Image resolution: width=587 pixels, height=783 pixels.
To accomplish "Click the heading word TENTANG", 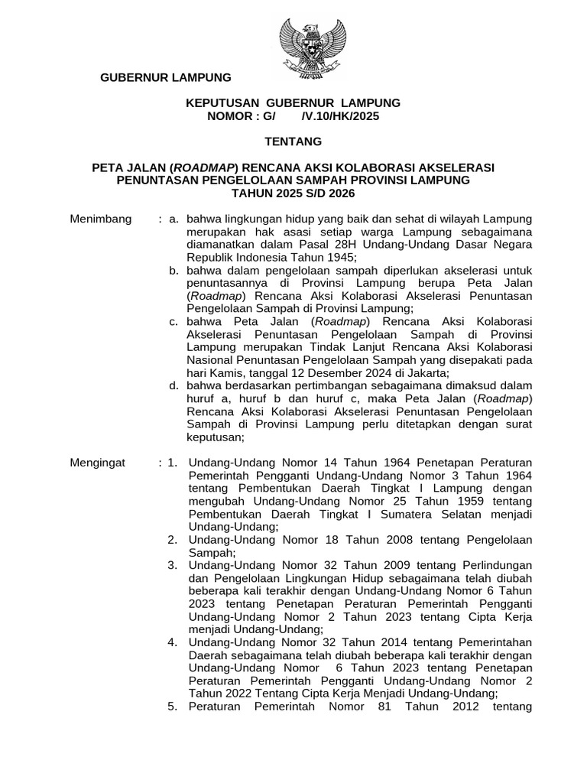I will (293, 141).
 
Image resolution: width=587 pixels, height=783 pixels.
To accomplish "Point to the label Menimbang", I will (100, 219).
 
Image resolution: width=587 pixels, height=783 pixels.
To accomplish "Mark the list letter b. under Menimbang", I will (174, 270).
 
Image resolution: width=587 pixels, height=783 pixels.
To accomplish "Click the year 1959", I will (459, 501).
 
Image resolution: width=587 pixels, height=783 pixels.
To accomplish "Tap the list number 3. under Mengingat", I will (173, 565).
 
